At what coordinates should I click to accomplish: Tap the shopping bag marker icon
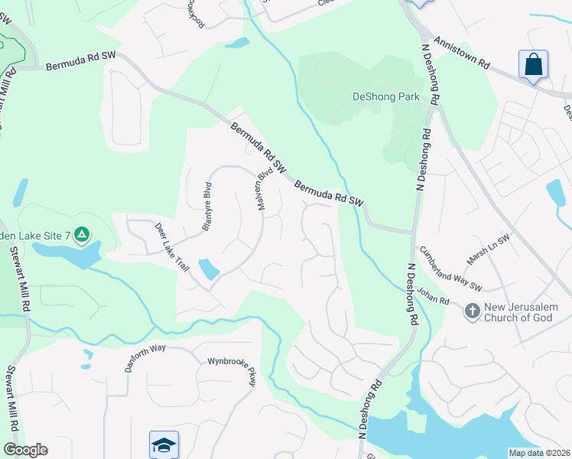(x=533, y=63)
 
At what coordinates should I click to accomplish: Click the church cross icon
(x=472, y=311)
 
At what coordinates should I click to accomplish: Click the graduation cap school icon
(x=164, y=444)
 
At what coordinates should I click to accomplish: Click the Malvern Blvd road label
(x=265, y=188)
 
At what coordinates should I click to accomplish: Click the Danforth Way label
(x=145, y=357)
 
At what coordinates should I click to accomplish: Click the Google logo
(x=25, y=450)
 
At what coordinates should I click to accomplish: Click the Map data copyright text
(x=539, y=453)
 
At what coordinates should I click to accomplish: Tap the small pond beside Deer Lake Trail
(x=208, y=269)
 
